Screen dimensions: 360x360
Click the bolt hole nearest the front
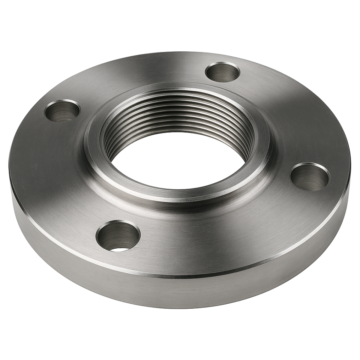[118, 236]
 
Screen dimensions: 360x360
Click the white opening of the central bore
[176, 165]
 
